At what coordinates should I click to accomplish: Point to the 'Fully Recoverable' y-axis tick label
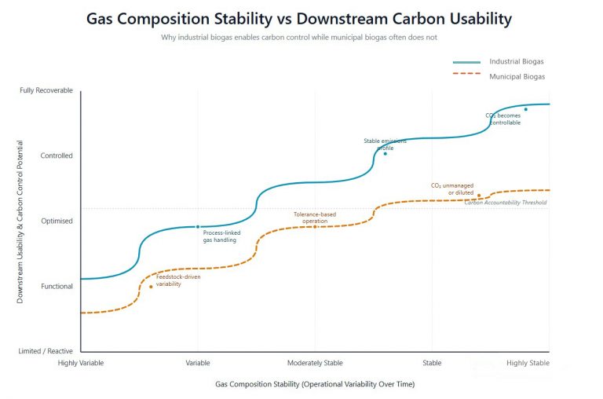[46, 90]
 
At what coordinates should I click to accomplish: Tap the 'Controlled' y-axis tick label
[57, 156]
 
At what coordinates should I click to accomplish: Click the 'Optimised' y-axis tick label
[57, 221]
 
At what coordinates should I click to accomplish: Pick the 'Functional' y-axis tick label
[57, 286]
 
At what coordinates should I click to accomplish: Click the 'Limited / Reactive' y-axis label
[46, 351]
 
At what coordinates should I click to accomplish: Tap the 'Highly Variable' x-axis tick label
[81, 363]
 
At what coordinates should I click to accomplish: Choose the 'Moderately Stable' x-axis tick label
[315, 363]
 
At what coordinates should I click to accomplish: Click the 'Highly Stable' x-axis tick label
[528, 363]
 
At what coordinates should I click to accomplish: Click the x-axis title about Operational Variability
[315, 384]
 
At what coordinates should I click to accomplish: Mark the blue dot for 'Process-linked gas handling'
[198, 226]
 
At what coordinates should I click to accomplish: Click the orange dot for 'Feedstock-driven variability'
[151, 286]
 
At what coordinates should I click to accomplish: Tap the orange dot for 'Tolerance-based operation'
[315, 226]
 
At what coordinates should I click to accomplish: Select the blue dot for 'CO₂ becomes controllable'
[526, 109]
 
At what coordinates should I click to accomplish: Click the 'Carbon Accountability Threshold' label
[505, 203]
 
